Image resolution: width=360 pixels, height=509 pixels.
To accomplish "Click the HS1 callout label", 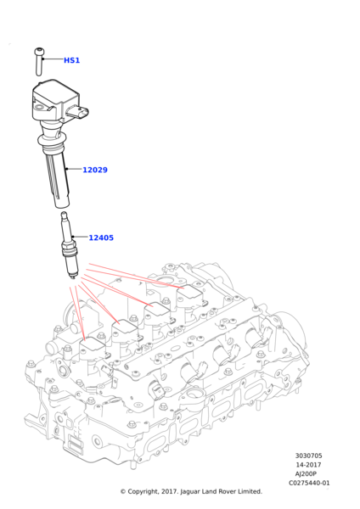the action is [71, 60].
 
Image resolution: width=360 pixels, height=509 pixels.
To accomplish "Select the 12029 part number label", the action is [95, 170].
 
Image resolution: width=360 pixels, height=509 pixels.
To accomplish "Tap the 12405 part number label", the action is [101, 238].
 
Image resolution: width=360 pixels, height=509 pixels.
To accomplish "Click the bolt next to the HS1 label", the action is [39, 62].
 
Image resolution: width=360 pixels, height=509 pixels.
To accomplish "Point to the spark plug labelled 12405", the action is [69, 245].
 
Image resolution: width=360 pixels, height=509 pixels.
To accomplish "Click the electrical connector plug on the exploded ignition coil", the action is [78, 113].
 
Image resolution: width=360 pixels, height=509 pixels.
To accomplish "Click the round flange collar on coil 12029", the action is [52, 140].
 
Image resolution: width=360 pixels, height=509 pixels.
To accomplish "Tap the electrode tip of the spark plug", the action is [74, 277].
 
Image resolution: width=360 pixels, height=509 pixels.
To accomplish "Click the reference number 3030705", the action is [309, 456].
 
